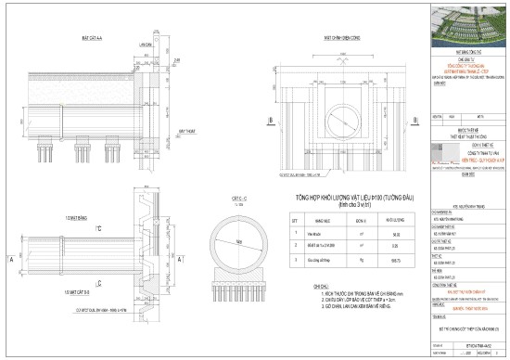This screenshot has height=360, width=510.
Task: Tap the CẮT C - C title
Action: coord(237,199)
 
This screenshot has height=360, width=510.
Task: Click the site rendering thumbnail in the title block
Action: coord(470,23)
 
